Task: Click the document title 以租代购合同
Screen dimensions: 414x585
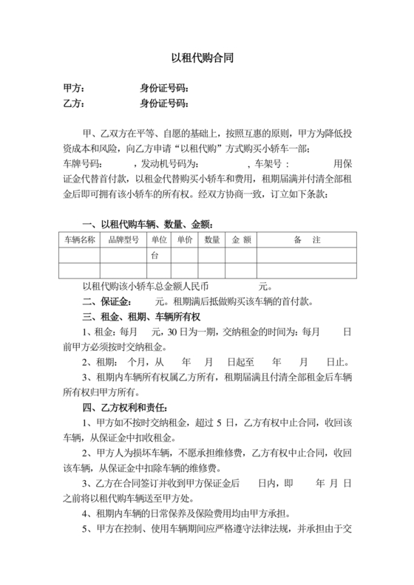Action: pos(207,56)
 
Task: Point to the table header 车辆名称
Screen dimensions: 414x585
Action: pos(80,240)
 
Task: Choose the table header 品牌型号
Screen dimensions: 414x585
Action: pos(123,240)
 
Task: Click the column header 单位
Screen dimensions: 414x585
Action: pos(159,240)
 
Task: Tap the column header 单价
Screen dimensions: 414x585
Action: pos(184,240)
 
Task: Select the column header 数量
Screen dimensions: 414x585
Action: pos(211,240)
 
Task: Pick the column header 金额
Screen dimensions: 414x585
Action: pos(242,240)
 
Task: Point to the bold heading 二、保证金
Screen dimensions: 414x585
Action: pos(108,302)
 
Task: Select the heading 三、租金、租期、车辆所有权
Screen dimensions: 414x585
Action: pos(146,318)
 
